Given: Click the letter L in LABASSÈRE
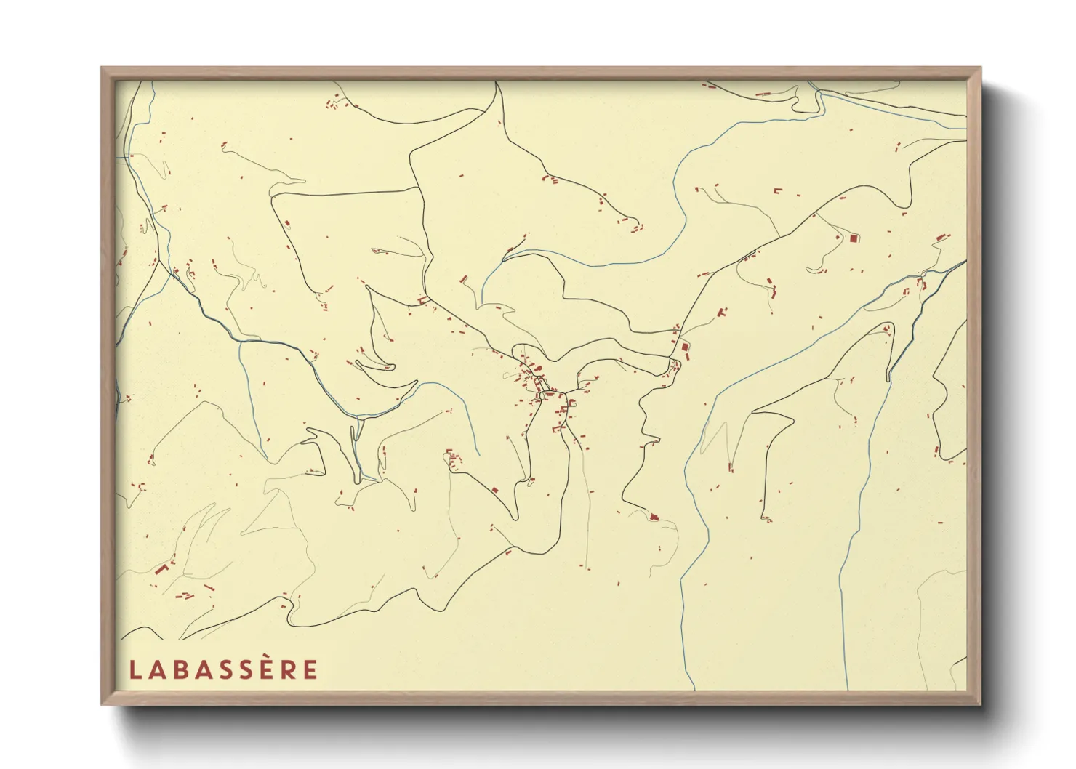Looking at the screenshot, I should coord(134,669).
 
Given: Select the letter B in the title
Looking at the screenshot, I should coord(177,669).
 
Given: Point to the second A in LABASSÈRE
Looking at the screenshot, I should coord(200,669).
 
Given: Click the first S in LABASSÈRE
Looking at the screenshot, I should coord(222,669).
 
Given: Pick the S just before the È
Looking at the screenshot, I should coord(244,669).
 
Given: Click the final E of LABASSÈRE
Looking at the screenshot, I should coord(310,669).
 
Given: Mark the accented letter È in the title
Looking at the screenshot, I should coord(266,670).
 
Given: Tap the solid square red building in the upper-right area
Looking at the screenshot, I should coord(854,238).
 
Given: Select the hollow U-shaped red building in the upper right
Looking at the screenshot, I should coord(779,192).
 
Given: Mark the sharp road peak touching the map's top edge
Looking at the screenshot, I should coord(497,83).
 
